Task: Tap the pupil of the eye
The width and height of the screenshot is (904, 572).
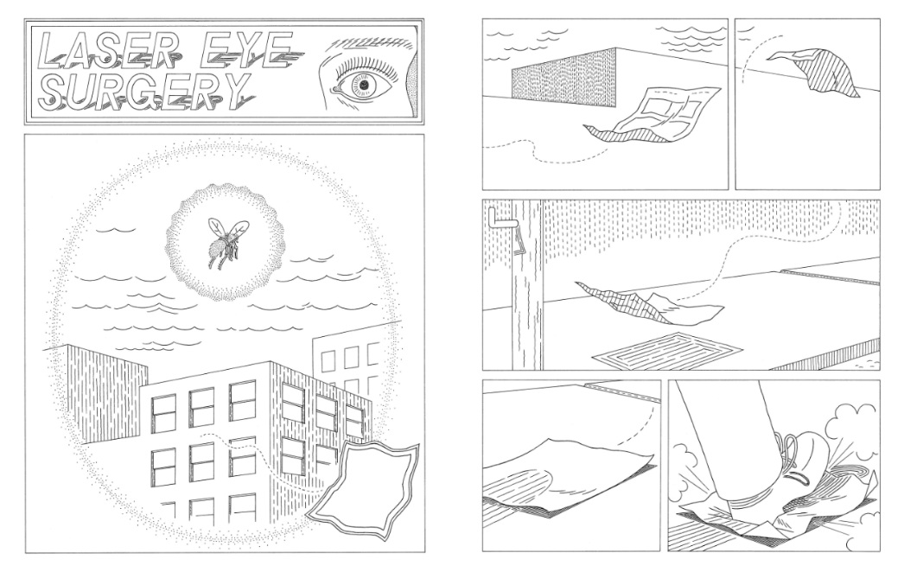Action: [365, 86]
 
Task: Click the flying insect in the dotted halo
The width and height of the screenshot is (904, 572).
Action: [227, 242]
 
